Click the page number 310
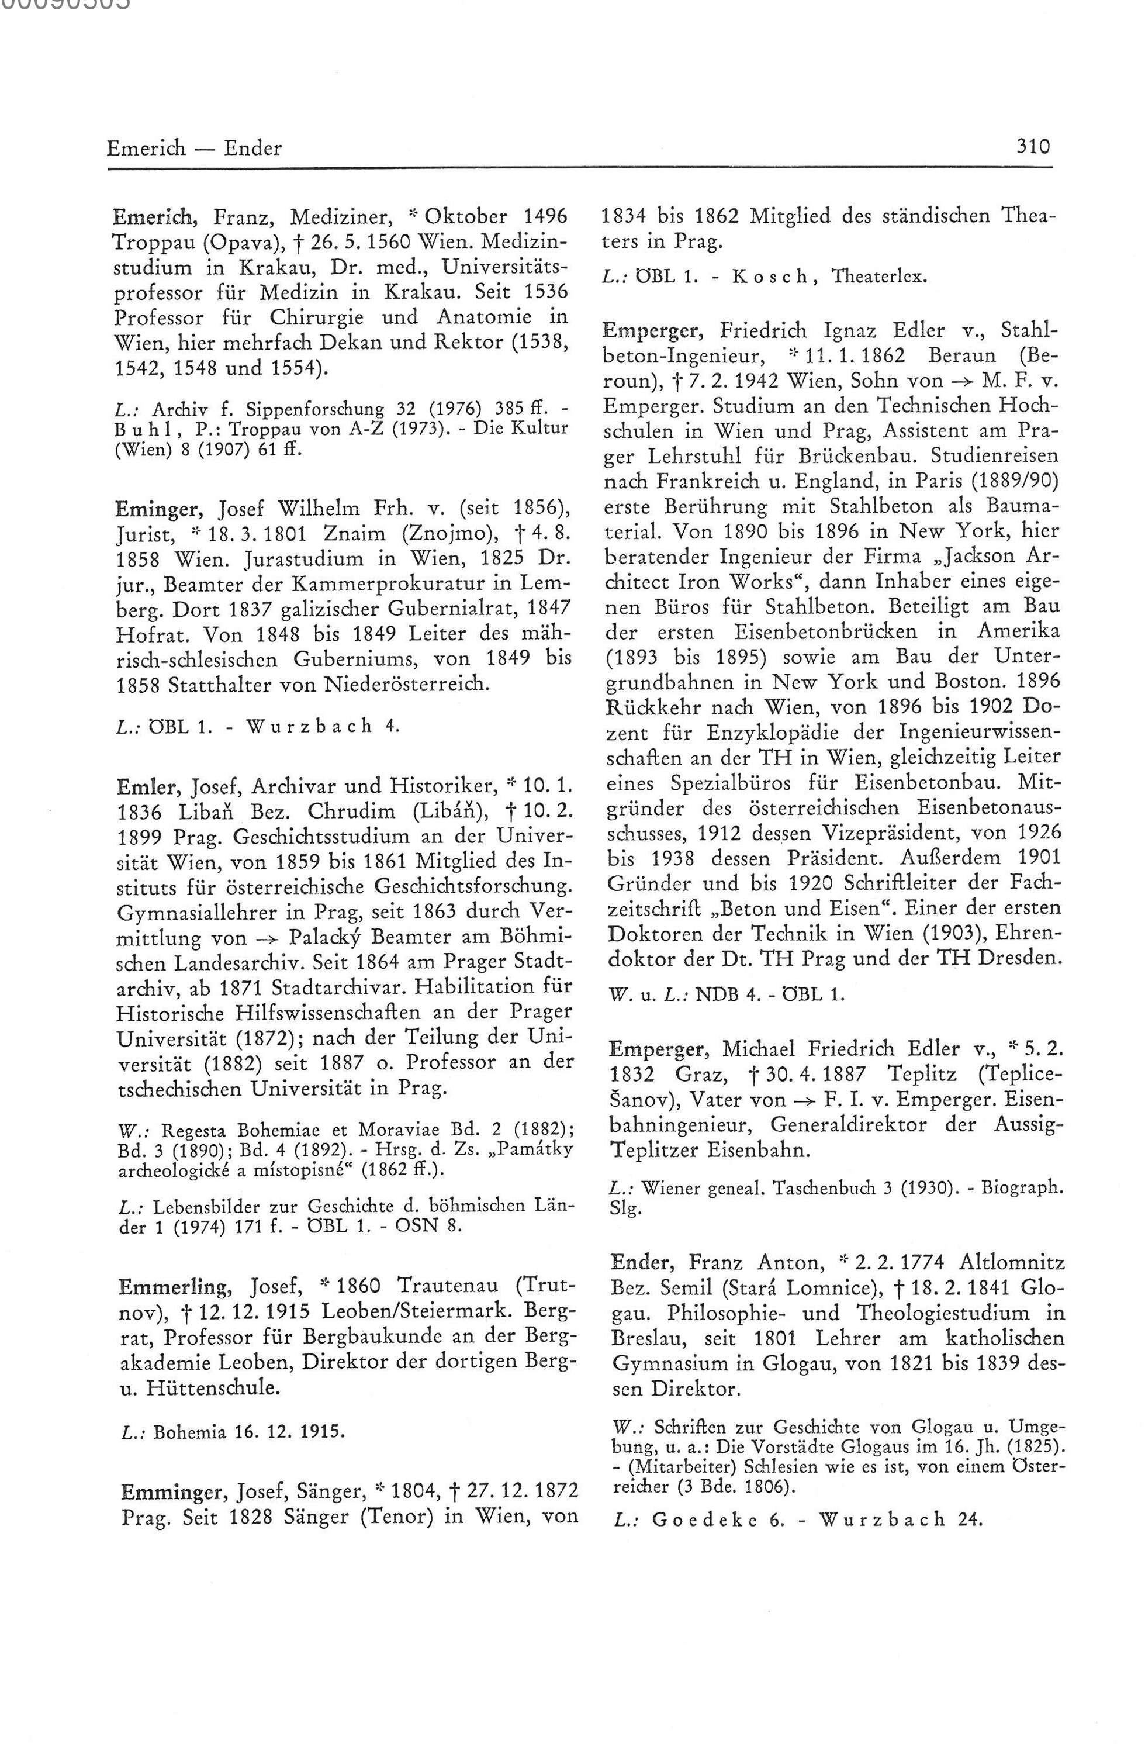[x=1033, y=147]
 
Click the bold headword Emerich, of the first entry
[x=154, y=217]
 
